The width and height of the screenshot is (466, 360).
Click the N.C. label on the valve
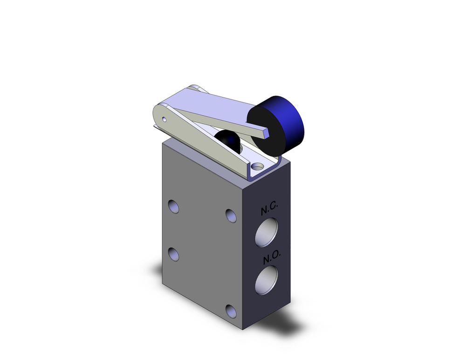(x=269, y=210)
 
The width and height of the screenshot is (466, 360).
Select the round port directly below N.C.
(x=267, y=233)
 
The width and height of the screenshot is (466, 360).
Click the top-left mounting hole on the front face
(x=173, y=206)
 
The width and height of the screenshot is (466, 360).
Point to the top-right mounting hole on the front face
(x=231, y=215)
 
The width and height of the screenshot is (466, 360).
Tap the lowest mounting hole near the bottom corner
(x=231, y=311)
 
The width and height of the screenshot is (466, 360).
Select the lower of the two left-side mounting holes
(x=174, y=254)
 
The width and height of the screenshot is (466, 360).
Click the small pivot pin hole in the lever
(x=164, y=120)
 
